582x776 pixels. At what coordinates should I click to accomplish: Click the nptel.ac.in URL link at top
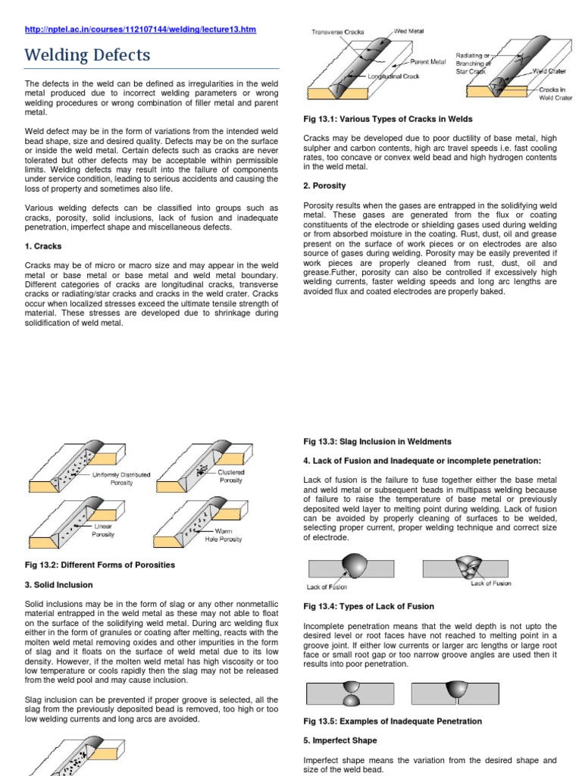141,30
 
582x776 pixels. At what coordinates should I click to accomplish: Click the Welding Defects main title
88,55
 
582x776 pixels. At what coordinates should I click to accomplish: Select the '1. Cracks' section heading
44,246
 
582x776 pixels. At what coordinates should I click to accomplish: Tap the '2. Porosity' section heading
324,186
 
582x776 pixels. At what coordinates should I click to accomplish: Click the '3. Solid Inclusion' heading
59,585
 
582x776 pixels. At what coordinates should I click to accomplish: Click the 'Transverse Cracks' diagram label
339,33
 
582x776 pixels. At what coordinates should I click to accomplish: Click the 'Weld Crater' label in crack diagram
550,70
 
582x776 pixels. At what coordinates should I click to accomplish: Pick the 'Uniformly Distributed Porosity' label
121,478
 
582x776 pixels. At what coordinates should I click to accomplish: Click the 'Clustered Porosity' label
230,476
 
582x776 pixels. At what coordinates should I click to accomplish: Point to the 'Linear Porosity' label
103,530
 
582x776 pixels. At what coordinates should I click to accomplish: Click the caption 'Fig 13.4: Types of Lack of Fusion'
368,606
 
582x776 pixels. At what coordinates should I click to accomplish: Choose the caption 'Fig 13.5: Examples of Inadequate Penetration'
392,721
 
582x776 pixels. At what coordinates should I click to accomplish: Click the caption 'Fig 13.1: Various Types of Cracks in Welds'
388,119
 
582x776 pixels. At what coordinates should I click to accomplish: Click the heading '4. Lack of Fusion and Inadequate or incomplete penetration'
423,460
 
